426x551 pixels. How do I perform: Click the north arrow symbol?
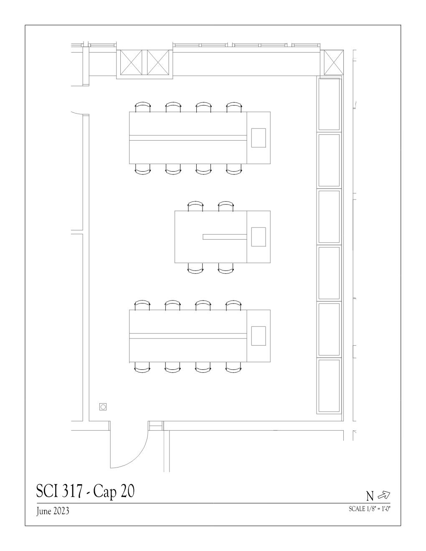[384, 495]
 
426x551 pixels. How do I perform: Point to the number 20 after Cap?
[127, 491]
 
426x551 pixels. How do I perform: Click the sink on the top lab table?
[258, 138]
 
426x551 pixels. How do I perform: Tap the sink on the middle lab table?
[258, 237]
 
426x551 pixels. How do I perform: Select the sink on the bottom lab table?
[258, 336]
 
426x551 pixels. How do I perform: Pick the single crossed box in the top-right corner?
[333, 62]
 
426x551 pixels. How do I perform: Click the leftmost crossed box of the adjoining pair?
[131, 62]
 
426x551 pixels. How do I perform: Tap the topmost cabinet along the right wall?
[329, 104]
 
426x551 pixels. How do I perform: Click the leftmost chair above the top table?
[142, 106]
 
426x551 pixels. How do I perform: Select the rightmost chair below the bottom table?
[234, 367]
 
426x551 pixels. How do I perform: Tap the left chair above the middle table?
[195, 206]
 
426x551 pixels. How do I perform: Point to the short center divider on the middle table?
[225, 237]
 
